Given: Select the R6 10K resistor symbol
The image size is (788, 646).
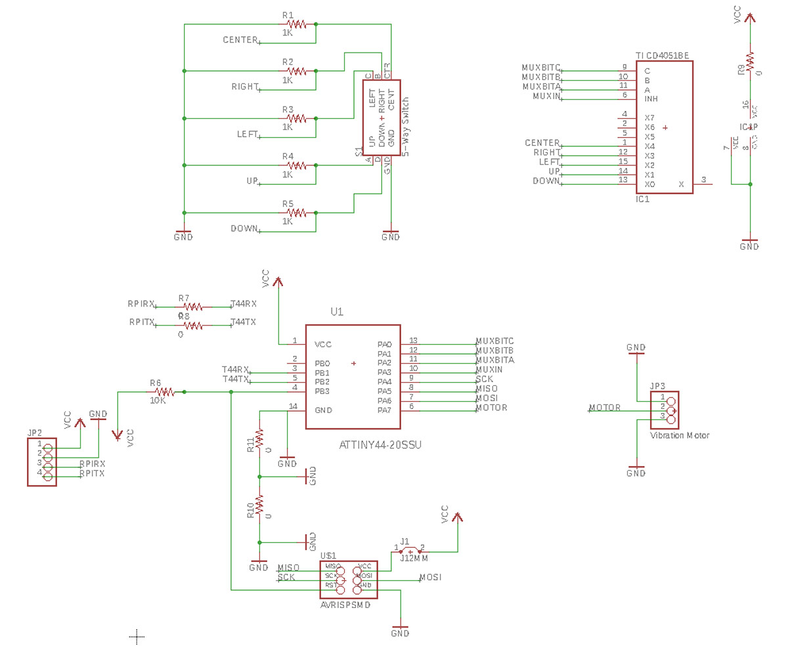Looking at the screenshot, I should click(x=163, y=392).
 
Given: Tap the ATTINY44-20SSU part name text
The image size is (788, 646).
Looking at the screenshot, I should click(x=380, y=444).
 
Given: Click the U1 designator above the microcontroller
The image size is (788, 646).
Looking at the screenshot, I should click(x=337, y=312).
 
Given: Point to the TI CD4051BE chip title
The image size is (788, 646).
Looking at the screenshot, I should click(x=662, y=56).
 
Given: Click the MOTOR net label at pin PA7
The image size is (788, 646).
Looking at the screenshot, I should click(x=491, y=408).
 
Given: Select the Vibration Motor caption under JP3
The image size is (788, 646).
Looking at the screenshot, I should click(x=680, y=435).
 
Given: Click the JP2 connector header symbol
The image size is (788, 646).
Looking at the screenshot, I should click(x=42, y=462).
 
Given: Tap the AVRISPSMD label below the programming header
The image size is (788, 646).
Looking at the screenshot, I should click(x=345, y=605).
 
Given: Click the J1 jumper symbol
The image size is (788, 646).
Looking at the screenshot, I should click(x=410, y=550).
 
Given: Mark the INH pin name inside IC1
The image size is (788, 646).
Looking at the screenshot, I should click(x=651, y=98).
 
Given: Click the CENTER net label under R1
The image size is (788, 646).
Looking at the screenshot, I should click(x=240, y=40).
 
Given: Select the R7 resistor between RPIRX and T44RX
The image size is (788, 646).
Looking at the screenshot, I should click(x=193, y=307).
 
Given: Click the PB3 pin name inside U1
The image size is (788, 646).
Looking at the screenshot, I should click(x=322, y=391).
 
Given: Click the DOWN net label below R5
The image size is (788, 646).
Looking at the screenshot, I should click(x=244, y=228).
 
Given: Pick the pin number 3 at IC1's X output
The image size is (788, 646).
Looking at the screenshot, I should click(x=703, y=179).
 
